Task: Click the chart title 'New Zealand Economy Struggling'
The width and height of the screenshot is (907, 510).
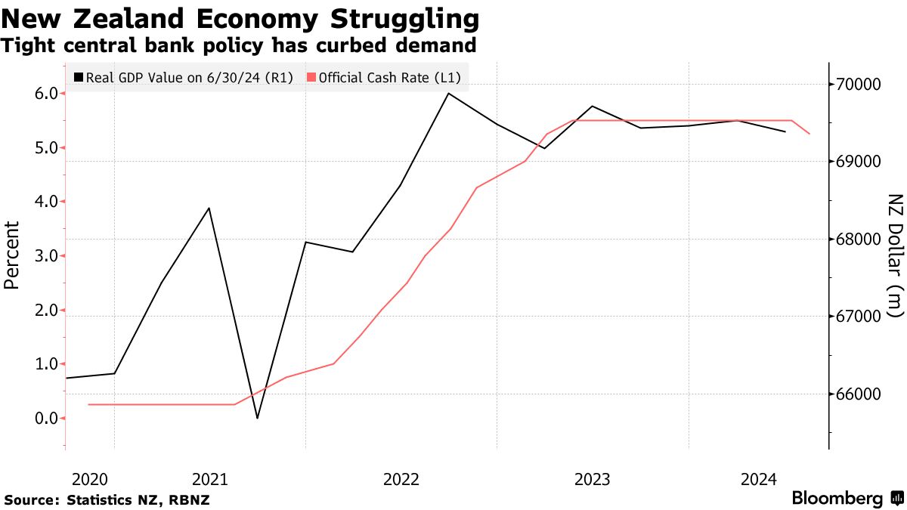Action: point(240,17)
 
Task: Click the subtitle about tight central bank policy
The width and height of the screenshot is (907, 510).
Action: point(238,45)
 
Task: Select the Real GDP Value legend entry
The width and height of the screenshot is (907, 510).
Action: point(184,77)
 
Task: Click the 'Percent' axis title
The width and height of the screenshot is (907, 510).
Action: point(11,255)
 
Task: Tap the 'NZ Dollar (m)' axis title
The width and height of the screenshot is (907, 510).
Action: point(895,255)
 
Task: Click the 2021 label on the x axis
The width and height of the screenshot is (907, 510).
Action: point(210,479)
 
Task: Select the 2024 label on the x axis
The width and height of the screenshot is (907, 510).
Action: point(759,479)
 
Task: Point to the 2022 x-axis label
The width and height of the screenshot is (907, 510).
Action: point(401,479)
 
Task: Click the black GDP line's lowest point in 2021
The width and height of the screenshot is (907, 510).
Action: point(258,418)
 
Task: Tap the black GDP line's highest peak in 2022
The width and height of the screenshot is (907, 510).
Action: point(449,94)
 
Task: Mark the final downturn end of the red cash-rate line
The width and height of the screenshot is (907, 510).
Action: point(809,134)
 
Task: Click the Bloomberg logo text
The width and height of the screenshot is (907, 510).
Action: point(837,499)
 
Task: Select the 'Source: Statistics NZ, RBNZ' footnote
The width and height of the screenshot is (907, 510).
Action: point(107,500)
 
